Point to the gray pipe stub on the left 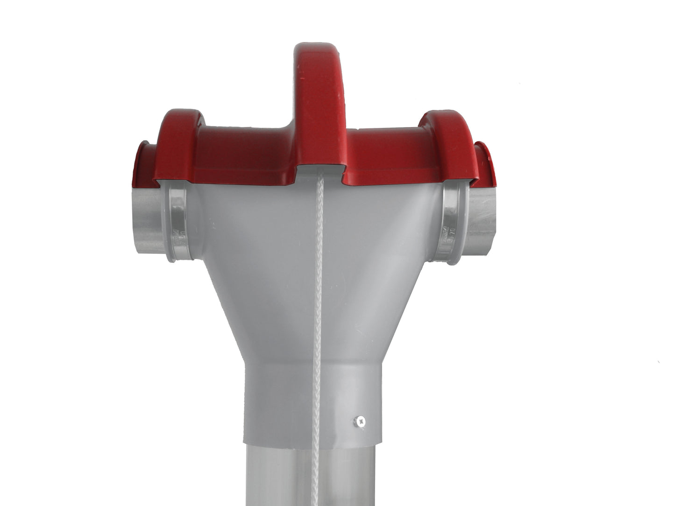point(149,219)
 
